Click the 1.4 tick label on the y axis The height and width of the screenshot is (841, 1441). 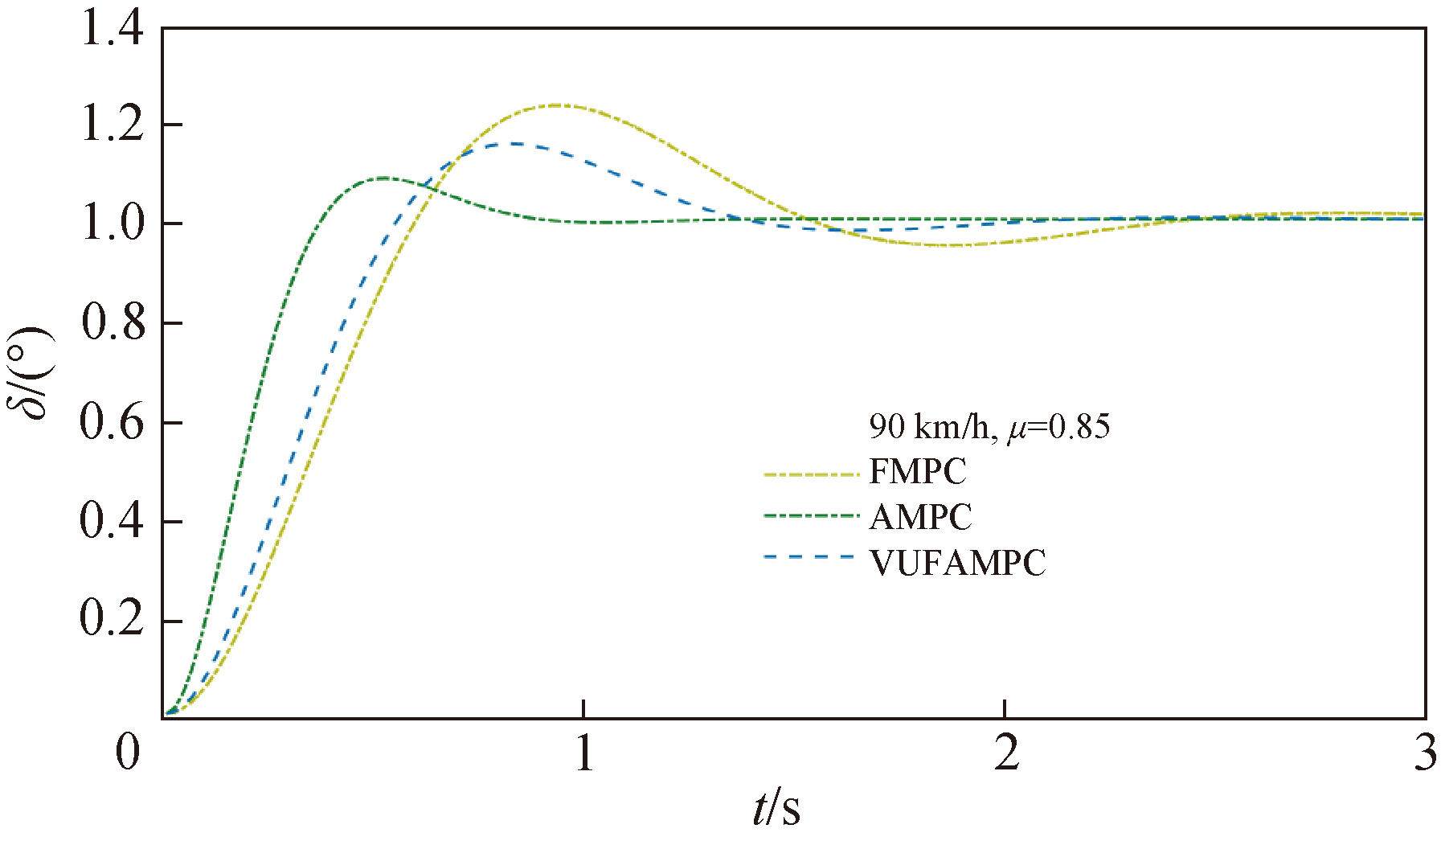coord(113,29)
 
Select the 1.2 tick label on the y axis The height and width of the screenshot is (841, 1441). coord(113,126)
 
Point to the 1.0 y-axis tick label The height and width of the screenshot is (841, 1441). coord(113,224)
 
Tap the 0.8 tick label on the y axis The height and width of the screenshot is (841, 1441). coord(113,323)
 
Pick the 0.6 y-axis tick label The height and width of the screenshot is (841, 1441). coord(113,422)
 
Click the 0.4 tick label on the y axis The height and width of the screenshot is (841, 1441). coord(113,521)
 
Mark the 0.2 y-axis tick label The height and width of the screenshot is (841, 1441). coord(113,619)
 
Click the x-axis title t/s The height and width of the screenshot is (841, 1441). coord(776,808)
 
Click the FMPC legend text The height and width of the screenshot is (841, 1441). coord(918,472)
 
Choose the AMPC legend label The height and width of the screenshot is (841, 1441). coord(920,517)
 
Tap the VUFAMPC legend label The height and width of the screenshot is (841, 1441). coord(957,563)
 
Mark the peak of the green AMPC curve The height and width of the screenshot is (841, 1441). coord(383,178)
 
